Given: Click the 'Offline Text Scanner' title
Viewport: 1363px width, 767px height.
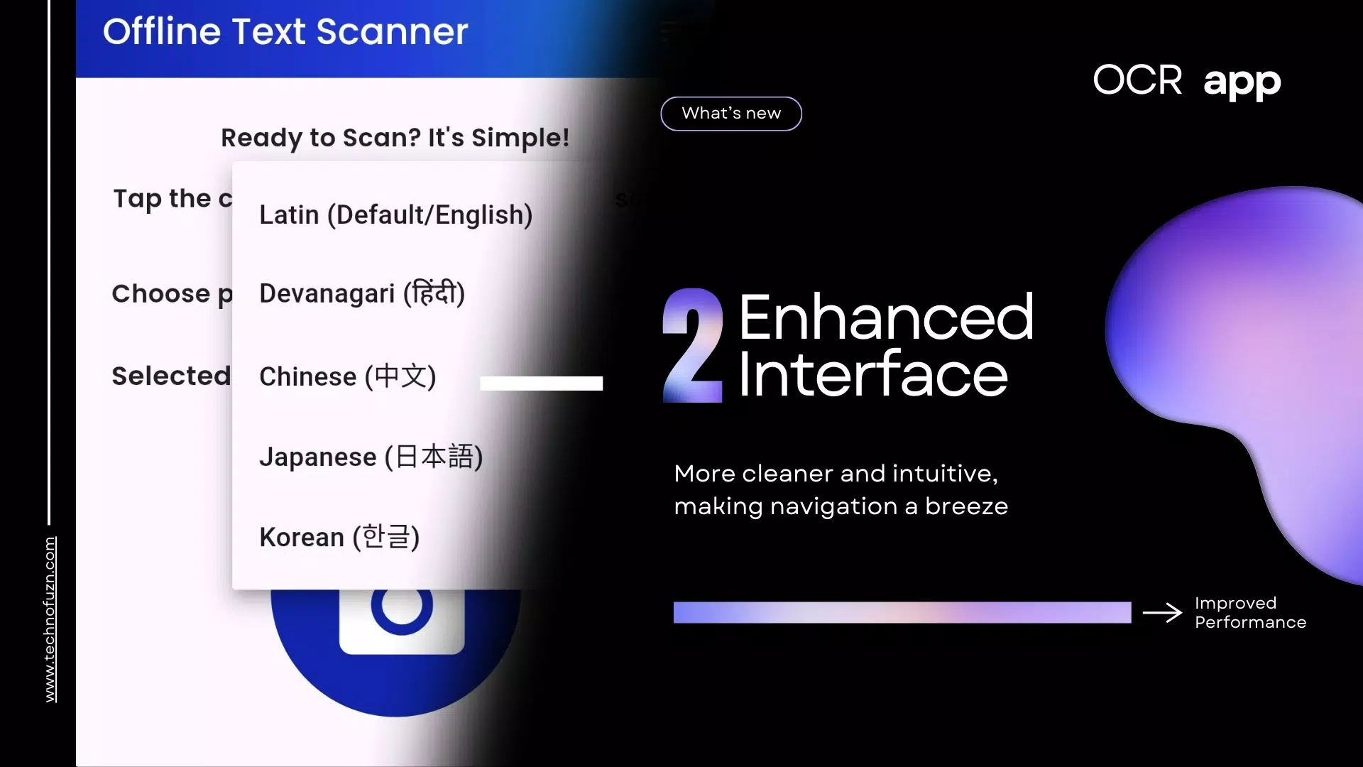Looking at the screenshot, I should tap(285, 32).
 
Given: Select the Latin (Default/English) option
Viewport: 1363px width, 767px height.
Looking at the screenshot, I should tap(395, 214).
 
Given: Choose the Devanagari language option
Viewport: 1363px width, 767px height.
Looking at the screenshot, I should tap(362, 293).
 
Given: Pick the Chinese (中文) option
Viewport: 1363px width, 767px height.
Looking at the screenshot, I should tap(347, 376).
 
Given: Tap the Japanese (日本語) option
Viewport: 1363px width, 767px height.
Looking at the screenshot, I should tap(371, 457).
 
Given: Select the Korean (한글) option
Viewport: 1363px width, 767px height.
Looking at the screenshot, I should tap(339, 537).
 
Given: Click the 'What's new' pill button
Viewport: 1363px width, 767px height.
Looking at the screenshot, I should tap(731, 114).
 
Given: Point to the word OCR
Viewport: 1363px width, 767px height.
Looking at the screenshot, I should tap(1137, 80).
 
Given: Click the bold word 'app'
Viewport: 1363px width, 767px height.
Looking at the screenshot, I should tap(1242, 82).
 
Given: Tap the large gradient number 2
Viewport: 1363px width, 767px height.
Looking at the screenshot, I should tap(693, 346).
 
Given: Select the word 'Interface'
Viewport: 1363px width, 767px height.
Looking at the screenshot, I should tap(872, 374).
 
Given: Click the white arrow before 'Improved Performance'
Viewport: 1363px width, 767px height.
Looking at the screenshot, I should tap(1162, 612).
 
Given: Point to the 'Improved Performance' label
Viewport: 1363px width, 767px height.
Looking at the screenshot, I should tap(1249, 612).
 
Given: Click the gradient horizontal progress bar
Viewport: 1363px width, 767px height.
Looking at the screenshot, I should tap(902, 612).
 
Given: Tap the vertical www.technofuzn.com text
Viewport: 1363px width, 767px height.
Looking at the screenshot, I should tap(50, 619).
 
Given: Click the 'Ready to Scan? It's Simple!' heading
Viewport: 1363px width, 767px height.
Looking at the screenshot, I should tap(395, 138).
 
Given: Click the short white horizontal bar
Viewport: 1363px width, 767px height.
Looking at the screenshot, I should tap(541, 383).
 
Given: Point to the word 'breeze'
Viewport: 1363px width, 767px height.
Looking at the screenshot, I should tap(966, 506).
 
